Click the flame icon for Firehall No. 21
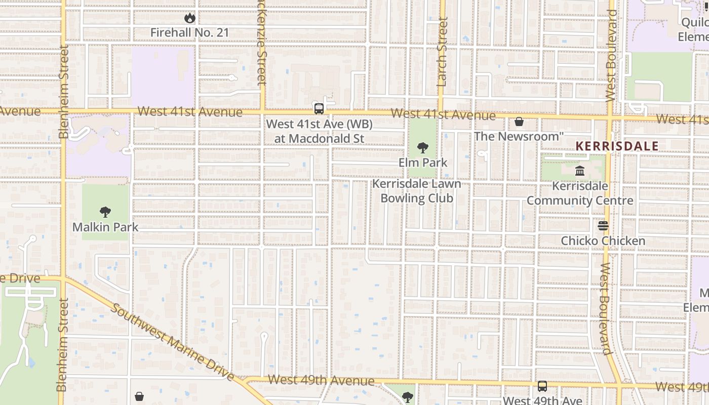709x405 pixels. click(x=190, y=18)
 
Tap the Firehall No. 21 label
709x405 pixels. click(x=190, y=32)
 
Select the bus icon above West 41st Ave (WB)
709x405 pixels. click(x=319, y=108)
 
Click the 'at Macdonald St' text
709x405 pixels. click(x=319, y=138)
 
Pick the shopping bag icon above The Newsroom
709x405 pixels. click(x=519, y=121)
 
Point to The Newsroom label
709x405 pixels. click(x=519, y=136)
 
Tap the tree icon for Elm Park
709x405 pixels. click(x=423, y=148)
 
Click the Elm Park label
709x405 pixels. click(x=423, y=163)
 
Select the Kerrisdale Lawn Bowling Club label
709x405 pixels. click(x=417, y=191)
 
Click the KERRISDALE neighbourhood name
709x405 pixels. click(x=617, y=146)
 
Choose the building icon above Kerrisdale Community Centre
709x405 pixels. click(x=580, y=171)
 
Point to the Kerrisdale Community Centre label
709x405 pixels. click(x=580, y=193)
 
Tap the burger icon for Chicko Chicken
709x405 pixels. click(x=603, y=226)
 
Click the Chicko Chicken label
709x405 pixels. click(x=603, y=240)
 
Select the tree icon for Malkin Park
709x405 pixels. click(x=105, y=212)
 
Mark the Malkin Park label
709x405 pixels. click(x=105, y=227)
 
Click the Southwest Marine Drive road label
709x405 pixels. click(x=172, y=342)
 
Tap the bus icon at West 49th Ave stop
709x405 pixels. click(x=542, y=386)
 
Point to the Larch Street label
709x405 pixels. click(x=442, y=52)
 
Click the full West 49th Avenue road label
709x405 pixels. click(x=321, y=380)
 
